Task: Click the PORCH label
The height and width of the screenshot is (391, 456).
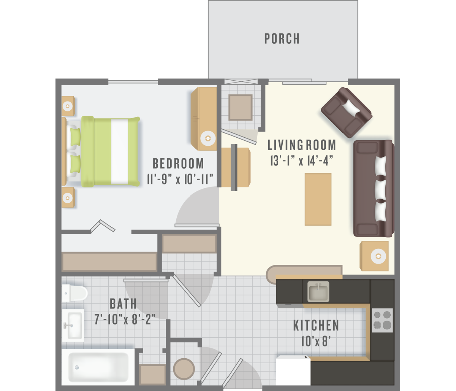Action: coord(282,39)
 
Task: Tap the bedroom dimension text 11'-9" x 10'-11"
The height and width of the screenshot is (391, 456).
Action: coord(180,179)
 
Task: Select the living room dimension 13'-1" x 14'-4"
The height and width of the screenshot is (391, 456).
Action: coord(302,161)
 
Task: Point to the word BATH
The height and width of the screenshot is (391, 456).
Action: coord(123,304)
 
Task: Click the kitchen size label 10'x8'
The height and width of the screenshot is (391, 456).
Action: coord(316,341)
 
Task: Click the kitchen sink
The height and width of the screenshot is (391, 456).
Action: coord(318,291)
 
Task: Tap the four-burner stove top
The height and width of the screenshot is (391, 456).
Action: coord(382,320)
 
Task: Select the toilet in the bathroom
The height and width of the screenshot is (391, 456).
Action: coord(74,293)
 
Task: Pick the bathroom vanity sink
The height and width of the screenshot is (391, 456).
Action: coord(73,326)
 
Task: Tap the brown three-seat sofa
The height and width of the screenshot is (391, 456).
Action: coord(374,189)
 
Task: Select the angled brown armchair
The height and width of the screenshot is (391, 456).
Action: coord(347,112)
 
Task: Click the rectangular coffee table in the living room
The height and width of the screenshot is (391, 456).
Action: coord(318,199)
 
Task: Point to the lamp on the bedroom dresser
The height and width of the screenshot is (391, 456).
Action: coord(208,138)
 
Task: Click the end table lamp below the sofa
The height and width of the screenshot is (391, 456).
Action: coord(378,256)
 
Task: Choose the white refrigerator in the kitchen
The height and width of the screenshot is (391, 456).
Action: coord(293,370)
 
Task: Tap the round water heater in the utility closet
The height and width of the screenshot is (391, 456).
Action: coord(184,369)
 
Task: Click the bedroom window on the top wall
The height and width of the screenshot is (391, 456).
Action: coord(133,82)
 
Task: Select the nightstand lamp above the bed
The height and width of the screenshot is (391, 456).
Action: coord(68,106)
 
